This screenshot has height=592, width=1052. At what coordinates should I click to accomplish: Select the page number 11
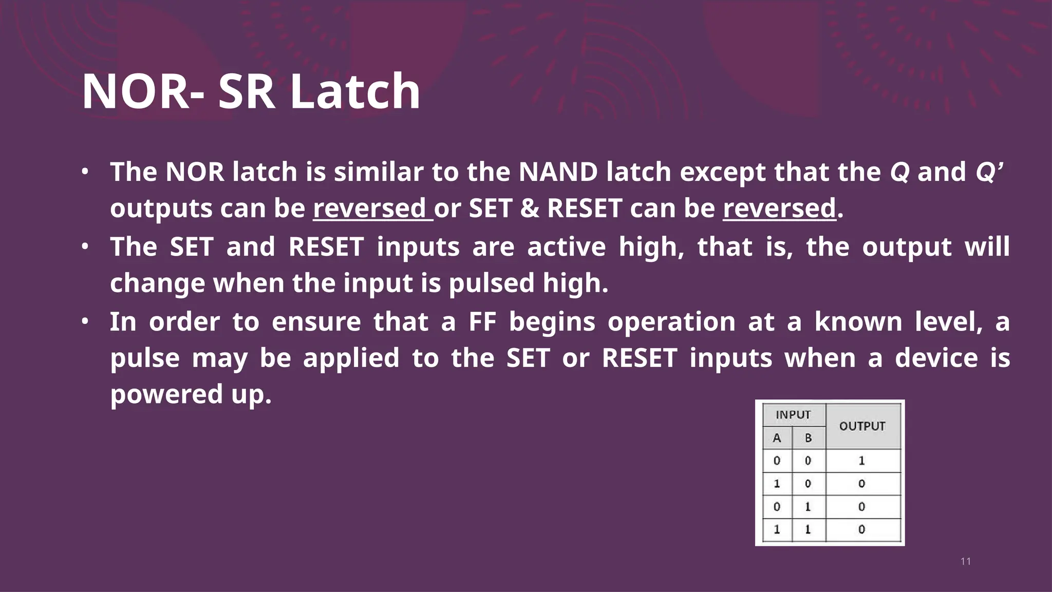tap(965, 561)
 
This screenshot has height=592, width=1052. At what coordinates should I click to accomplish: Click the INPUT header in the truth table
tap(793, 415)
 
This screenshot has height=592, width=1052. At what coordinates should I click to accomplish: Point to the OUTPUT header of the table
tap(862, 426)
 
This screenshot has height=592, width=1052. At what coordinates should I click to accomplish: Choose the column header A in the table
tap(777, 438)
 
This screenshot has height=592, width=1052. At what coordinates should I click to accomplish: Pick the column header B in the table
tap(808, 438)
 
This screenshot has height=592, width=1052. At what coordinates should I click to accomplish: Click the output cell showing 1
tap(862, 460)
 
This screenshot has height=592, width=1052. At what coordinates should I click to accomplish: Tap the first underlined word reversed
tap(370, 208)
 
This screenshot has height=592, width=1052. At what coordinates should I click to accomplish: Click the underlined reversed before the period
tap(779, 208)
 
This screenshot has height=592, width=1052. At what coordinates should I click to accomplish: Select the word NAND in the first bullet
tap(558, 172)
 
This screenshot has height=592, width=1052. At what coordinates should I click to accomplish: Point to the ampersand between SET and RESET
tap(530, 208)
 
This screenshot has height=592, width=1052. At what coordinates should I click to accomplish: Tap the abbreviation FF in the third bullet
tap(482, 322)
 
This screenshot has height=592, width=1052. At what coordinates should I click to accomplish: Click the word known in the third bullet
tap(858, 322)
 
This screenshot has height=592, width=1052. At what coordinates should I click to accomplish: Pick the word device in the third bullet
tap(936, 358)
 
